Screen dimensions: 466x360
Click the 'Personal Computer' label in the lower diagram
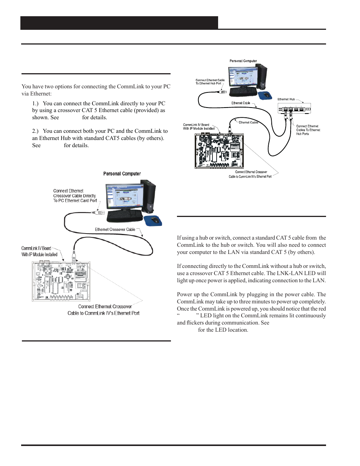click(122, 174)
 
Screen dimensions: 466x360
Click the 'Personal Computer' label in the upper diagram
click(243, 61)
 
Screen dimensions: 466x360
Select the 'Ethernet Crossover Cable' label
click(115, 229)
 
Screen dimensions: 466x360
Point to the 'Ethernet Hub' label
click(286, 99)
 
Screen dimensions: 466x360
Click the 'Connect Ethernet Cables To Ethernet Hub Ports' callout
click(308, 130)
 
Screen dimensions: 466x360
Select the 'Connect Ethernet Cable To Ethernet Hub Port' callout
click(210, 82)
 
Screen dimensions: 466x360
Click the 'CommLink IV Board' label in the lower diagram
click(36, 248)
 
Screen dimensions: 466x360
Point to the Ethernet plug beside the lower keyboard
click(98, 212)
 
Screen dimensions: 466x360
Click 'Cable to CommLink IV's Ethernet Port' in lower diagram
click(103, 313)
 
